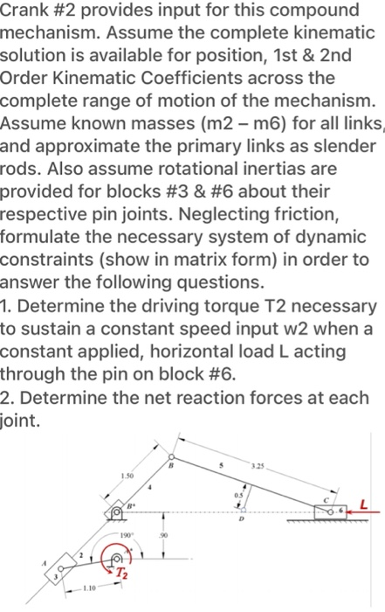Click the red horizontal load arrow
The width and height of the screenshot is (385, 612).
pyautogui.click(x=365, y=510)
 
